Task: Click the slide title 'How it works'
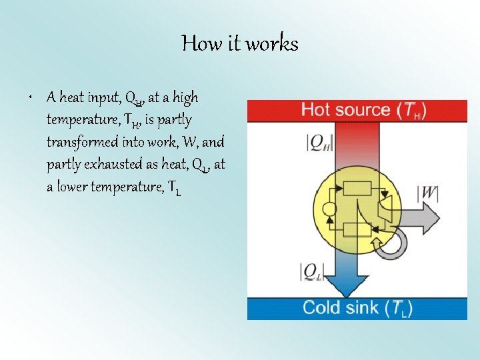tap(240, 44)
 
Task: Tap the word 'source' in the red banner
tap(363, 110)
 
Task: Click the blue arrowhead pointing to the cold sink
tap(345, 287)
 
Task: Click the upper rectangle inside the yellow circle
tap(355, 189)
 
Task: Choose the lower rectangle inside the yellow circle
tap(356, 230)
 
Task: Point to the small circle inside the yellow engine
tap(328, 209)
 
